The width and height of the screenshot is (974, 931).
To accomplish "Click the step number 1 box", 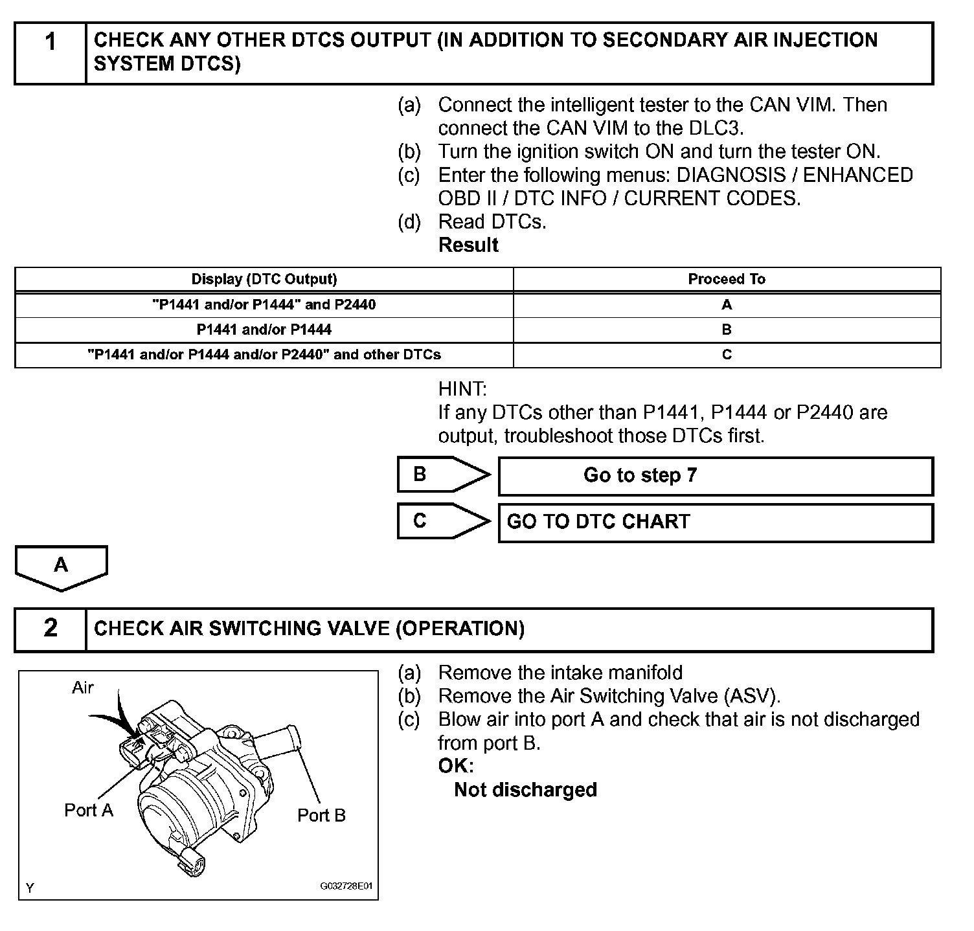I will coord(51,53).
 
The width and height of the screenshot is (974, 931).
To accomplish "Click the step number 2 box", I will coord(51,629).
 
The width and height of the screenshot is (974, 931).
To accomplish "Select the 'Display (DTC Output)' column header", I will coord(264,279).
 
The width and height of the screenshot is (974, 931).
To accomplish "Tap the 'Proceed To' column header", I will coord(727,279).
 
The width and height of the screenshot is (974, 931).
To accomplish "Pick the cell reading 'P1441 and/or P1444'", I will coord(264,330).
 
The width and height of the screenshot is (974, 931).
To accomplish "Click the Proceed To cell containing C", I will coord(727,355).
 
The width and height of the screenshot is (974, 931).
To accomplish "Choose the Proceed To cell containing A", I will coord(727,304).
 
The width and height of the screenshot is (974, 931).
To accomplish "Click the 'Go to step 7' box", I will coord(715,476).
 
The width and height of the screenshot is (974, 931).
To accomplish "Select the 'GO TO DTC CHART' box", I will coord(715,522).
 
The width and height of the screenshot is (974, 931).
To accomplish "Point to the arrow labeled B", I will coord(442,475).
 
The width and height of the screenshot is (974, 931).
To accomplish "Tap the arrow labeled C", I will coord(442,521).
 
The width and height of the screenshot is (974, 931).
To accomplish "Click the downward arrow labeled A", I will coord(62,567).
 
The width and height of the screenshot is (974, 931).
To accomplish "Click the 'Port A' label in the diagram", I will coord(89,810).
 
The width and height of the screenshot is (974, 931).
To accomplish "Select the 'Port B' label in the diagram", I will coord(321,815).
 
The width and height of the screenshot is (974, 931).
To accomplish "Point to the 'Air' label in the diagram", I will coord(83,688).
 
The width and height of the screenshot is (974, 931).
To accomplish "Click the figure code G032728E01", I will coord(346,886).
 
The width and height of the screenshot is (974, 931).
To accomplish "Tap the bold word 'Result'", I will coord(468,245).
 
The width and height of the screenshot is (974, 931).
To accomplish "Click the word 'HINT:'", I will coord(462,389).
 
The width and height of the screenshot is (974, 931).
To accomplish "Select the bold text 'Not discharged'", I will coord(525,790).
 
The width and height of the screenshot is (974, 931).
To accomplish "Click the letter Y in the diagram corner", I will coord(30,888).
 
